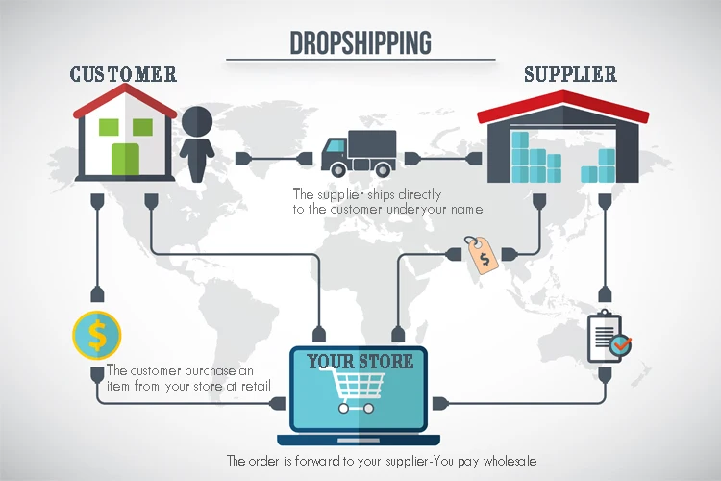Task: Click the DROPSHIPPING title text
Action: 360,42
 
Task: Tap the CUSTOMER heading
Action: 123,74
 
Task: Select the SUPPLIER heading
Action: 570,74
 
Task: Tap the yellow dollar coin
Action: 96,335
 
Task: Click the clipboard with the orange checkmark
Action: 607,334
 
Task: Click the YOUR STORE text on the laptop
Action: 360,362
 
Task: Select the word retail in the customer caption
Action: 254,387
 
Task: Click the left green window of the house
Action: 108,125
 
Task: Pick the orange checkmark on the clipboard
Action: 622,342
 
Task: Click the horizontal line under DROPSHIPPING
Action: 360,60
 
